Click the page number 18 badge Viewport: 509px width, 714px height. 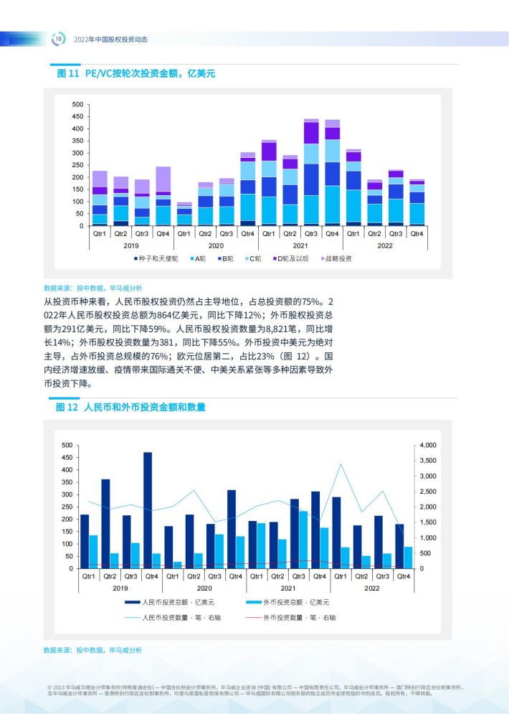pos(58,39)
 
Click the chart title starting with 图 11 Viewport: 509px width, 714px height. pos(136,73)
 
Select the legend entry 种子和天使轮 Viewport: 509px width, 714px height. pos(156,258)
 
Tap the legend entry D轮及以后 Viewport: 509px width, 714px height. pos(290,258)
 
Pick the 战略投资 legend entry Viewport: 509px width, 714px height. pos(336,258)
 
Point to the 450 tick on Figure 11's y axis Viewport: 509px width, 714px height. pos(77,116)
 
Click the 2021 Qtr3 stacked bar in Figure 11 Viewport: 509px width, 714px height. pos(311,172)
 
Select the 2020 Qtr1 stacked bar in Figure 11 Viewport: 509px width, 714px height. pos(184,214)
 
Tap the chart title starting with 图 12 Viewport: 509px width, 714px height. pos(130,407)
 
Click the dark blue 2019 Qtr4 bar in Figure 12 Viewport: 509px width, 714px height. pos(148,510)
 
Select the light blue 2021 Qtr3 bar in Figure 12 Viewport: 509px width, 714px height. pos(303,540)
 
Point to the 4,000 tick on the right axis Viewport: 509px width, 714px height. pos(428,445)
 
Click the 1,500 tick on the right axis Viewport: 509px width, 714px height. pos(428,522)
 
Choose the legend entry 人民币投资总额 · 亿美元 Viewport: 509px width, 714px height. pos(170,602)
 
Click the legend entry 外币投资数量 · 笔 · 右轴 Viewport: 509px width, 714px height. pos(290,617)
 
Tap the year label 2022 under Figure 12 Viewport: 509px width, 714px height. pos(371,588)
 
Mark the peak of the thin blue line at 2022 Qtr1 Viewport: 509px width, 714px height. pos(341,464)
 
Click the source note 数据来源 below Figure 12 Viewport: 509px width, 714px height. pos(92,650)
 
